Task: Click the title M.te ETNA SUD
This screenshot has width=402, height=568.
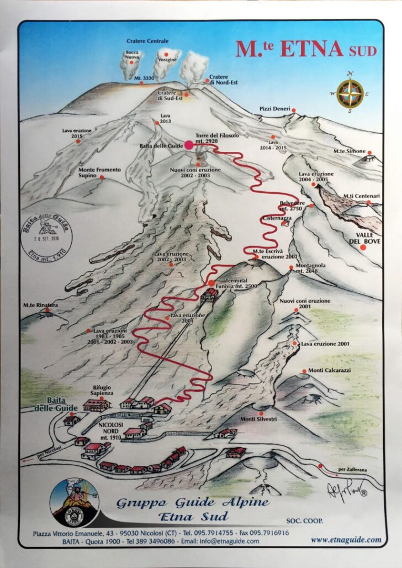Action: click(306, 49)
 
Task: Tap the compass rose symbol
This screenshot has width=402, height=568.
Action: click(350, 92)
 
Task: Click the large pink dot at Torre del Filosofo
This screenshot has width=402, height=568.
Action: click(189, 145)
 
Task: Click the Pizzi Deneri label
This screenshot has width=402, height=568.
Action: click(274, 109)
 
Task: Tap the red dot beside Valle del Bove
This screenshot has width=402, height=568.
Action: click(363, 248)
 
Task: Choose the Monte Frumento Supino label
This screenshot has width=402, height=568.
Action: click(99, 172)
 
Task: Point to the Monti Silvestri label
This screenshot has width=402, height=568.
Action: click(258, 419)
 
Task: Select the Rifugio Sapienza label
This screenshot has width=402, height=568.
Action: click(103, 390)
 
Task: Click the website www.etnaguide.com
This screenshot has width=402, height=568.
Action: click(346, 540)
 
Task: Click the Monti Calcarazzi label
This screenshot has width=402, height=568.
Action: click(330, 370)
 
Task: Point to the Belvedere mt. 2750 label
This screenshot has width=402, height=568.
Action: click(292, 206)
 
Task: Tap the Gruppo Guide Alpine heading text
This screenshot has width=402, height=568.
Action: click(193, 502)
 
